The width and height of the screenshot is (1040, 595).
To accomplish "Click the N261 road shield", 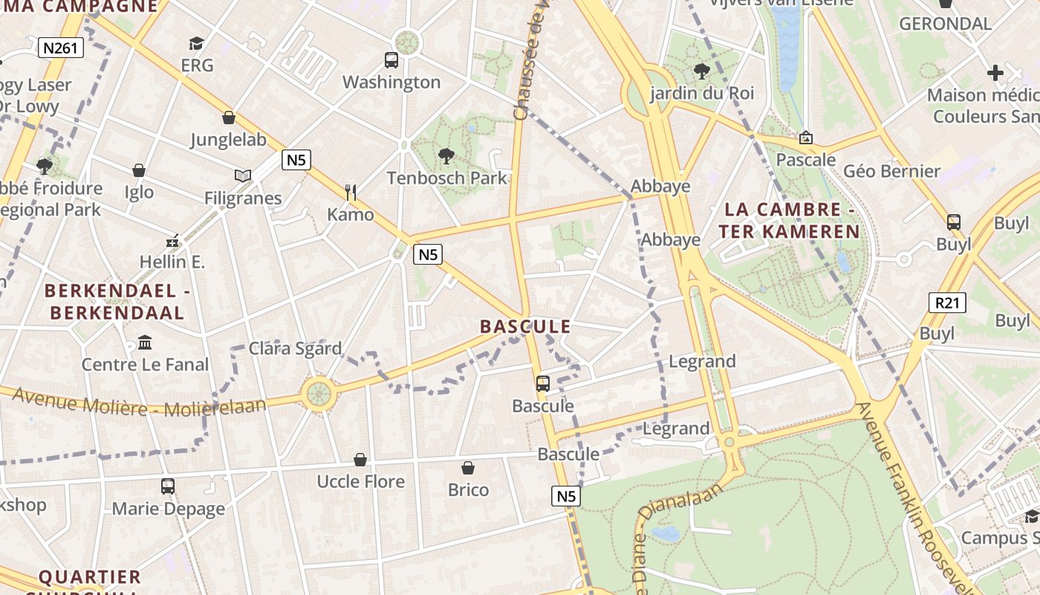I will pos(61,48).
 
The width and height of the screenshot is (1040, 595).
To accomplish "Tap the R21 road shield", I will pos(947,303).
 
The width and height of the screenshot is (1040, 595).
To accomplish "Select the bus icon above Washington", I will pos(391,60).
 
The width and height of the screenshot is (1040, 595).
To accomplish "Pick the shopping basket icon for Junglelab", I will pos(228,118).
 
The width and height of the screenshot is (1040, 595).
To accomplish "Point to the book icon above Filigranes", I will pos(243,176).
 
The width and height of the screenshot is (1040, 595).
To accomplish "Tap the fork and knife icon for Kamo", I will pos(351,193).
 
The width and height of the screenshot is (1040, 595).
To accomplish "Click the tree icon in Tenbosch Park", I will pos(446,156).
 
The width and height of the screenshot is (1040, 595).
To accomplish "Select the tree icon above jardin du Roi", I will pos(701,71).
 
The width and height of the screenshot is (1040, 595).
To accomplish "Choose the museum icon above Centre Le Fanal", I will pos(145,343).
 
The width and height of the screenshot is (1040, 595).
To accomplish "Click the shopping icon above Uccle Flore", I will pos(360,460).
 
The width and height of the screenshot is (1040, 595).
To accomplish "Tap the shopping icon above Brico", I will pos(468,468).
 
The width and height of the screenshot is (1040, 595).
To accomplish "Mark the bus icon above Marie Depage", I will pos(168,486).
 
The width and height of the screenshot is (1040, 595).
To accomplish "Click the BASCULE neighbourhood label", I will pos(525,327).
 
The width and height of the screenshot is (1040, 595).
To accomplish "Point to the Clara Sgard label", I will pos(295,348).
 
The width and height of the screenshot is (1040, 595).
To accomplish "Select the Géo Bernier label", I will pos(892,171).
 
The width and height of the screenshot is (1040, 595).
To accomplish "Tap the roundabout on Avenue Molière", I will pos(319,393).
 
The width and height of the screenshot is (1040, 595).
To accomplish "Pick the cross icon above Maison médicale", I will pos(995,73).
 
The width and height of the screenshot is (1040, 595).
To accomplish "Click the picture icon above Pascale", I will pos(805,138).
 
